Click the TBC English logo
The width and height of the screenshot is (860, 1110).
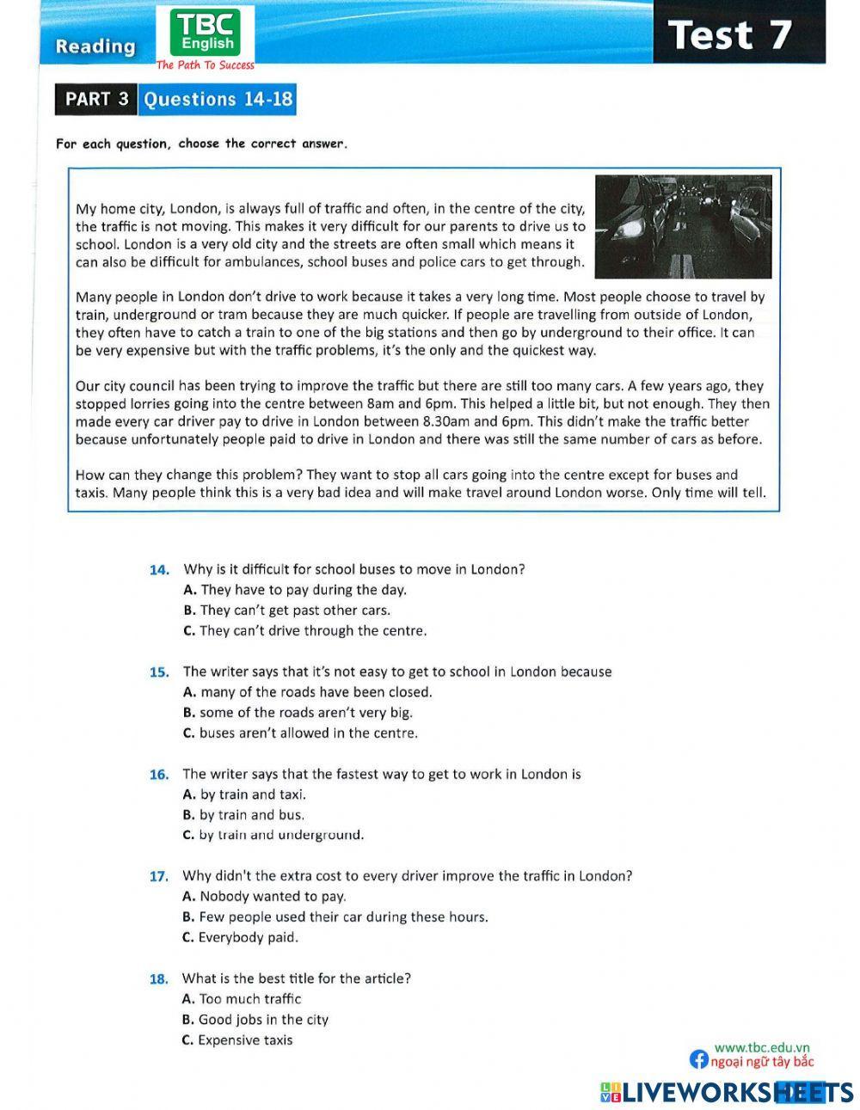coord(206,35)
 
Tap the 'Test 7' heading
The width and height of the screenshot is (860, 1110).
coord(729,34)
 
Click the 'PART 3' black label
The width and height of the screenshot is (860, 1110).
coord(96,99)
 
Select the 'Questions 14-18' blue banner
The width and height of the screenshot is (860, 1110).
coord(218,99)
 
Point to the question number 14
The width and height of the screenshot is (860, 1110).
coord(159,569)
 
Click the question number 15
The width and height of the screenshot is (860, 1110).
coord(159,672)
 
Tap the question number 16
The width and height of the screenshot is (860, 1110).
coord(159,774)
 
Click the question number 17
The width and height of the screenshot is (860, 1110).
coord(159,876)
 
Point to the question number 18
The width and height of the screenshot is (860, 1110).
coord(159,978)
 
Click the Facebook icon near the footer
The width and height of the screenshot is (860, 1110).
coord(699,1060)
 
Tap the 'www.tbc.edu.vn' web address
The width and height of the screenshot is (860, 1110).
coord(762,1046)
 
